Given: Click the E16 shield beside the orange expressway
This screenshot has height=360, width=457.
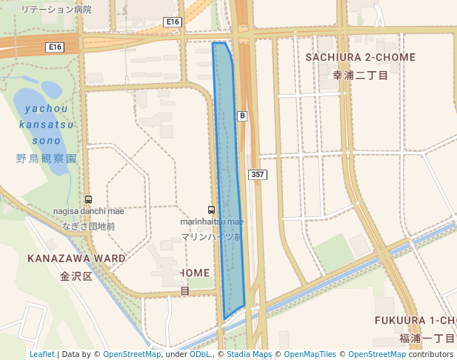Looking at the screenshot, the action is [x=53, y=47].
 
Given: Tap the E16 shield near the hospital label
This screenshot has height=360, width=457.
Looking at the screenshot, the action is [x=173, y=22].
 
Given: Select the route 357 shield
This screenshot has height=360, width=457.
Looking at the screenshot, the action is [x=257, y=175].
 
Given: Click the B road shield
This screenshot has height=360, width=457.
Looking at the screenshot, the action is [x=241, y=116].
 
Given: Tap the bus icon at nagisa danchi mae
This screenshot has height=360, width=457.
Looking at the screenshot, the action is [x=89, y=199].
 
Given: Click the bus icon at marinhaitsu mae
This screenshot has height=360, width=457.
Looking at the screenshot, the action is [x=212, y=210].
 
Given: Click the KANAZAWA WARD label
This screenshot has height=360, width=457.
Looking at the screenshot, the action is [x=76, y=259].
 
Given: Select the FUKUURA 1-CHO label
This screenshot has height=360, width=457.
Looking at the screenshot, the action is [x=416, y=320].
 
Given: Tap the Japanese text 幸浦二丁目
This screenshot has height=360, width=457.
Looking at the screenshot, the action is [x=361, y=75].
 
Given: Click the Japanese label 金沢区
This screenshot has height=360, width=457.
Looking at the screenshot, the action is [x=76, y=276].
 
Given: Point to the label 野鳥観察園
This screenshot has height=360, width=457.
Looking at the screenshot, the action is [x=46, y=159].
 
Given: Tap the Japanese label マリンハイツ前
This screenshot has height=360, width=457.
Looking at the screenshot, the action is [x=211, y=237].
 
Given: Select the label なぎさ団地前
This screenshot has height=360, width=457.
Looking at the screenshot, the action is [x=88, y=226].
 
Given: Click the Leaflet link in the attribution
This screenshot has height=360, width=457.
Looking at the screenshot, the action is [x=42, y=354].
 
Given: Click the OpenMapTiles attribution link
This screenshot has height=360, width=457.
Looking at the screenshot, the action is [x=310, y=354].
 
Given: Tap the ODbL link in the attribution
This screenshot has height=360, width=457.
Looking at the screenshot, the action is [x=199, y=354].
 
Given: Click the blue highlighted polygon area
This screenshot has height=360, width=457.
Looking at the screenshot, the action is [x=230, y=185].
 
